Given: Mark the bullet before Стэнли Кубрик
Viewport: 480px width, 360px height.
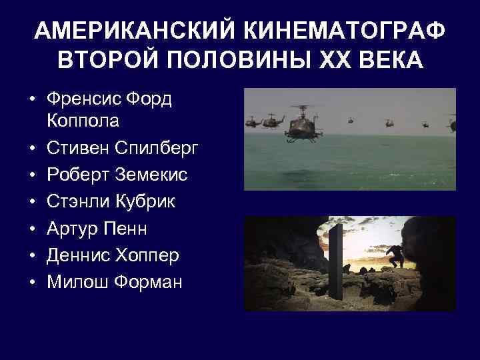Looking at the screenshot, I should pyautogui.click(x=31, y=201).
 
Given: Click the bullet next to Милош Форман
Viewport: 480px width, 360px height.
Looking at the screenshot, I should pyautogui.click(x=31, y=282).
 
